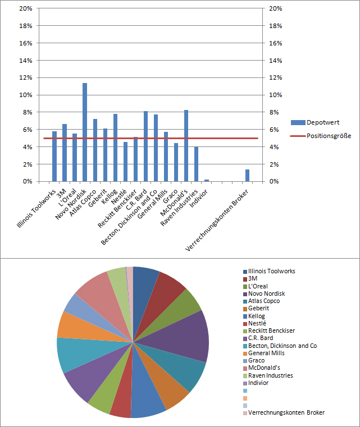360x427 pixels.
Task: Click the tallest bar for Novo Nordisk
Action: pyautogui.click(x=85, y=132)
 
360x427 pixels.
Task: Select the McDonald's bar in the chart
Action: pyautogui.click(x=186, y=146)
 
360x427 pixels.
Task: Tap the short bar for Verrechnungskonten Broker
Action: pyautogui.click(x=247, y=176)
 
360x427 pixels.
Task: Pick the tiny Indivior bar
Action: pyautogui.click(x=207, y=180)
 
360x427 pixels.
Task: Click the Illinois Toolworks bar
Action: pyautogui.click(x=54, y=157)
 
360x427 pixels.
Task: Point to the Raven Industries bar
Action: pyautogui.click(x=196, y=164)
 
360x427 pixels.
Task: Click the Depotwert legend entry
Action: pyautogui.click(x=322, y=122)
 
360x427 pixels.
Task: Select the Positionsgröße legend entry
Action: pyautogui.click(x=329, y=136)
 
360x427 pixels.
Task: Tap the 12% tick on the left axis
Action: pyautogui.click(x=25, y=78)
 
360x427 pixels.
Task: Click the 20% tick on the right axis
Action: pyautogui.click(x=276, y=8)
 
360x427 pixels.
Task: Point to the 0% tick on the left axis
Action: pyautogui.click(x=27, y=182)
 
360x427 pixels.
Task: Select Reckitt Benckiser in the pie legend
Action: pyautogui.click(x=271, y=330)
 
